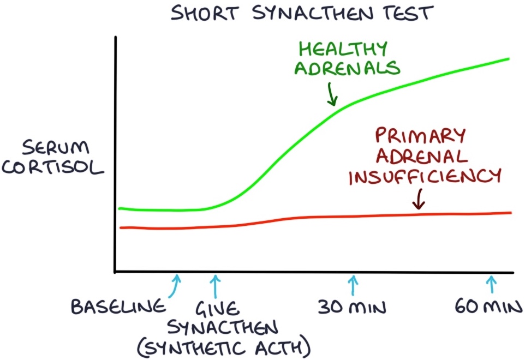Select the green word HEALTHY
click(342, 49)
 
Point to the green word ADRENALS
click(349, 69)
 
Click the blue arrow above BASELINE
click(175, 286)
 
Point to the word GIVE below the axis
click(218, 308)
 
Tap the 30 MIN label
click(352, 307)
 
